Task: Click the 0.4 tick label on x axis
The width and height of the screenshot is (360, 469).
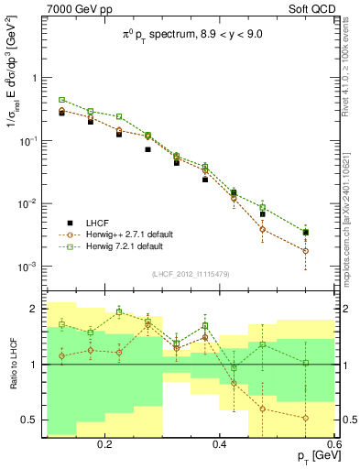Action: [220, 443]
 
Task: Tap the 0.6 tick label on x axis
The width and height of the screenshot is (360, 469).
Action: [332, 443]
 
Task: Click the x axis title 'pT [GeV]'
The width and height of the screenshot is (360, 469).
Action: [312, 456]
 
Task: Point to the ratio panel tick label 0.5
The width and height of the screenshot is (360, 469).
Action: [31, 420]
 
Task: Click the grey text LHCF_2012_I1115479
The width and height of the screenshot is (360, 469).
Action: [190, 275]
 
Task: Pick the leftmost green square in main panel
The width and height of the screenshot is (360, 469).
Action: [62, 100]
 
